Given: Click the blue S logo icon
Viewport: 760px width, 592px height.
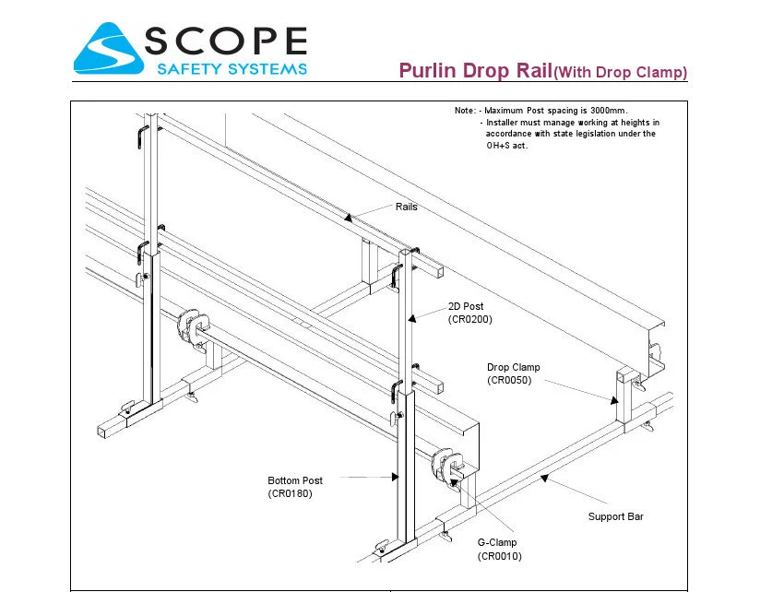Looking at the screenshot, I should [x=108, y=49].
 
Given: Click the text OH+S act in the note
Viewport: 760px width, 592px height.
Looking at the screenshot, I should [x=506, y=146].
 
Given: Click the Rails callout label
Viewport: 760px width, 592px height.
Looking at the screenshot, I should [x=407, y=207].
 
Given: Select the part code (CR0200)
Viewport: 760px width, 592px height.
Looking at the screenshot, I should [x=470, y=319].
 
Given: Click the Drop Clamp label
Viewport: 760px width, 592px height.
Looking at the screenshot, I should [x=513, y=367].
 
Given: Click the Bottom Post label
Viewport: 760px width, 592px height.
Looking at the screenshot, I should [x=295, y=480].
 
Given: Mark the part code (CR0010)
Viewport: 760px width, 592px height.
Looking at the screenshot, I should [x=500, y=556].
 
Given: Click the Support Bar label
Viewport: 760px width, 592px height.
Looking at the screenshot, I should [x=615, y=516].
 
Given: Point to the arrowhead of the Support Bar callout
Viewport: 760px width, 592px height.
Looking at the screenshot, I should [x=544, y=478].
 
